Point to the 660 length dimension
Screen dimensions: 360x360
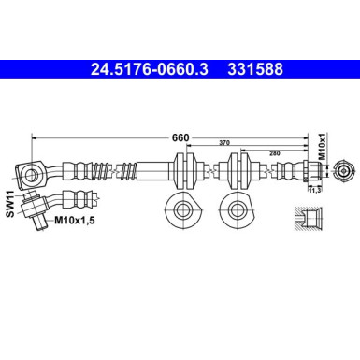click(180, 137)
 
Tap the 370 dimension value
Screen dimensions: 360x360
click(223, 142)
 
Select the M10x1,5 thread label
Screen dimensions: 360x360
click(73, 221)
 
